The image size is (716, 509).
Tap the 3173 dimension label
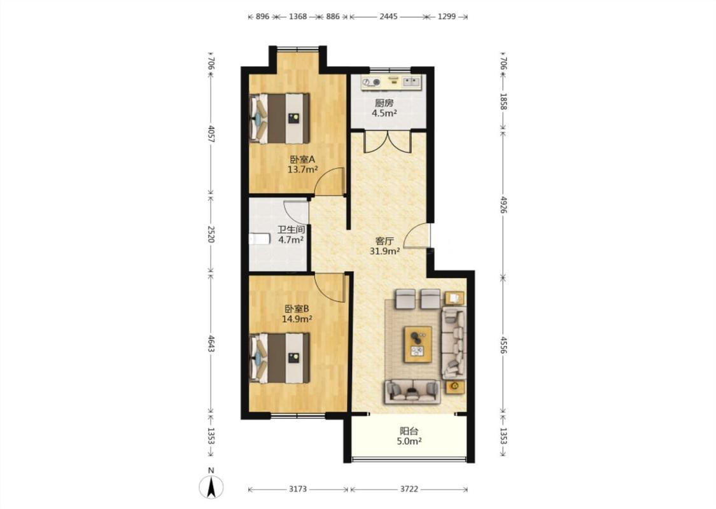[x=298, y=489]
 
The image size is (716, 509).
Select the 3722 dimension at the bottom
[x=409, y=489]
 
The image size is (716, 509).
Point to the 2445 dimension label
[x=389, y=17]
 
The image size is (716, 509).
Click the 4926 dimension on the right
[x=503, y=205]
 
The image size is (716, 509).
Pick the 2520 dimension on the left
[x=211, y=234]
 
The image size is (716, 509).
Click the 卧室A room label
[x=303, y=160]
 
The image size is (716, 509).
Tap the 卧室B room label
[x=297, y=309]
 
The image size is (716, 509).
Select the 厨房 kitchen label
[x=384, y=103]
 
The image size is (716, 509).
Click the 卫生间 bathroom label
[x=291, y=230]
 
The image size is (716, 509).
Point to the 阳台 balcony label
[x=409, y=431]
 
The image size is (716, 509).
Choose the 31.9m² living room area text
[x=385, y=251]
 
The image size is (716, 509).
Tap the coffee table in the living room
[x=418, y=344]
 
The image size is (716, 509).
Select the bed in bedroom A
[x=279, y=119]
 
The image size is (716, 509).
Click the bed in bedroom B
[x=279, y=358]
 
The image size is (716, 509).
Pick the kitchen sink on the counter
[x=411, y=81]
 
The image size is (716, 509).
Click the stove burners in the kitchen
[x=371, y=82]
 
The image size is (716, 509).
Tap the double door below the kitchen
[x=387, y=141]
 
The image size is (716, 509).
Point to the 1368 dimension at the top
[x=298, y=17]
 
